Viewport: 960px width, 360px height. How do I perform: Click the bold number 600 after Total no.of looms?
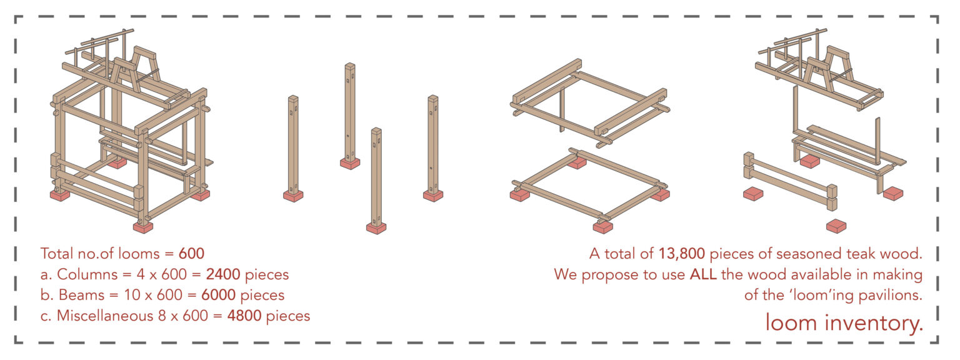pos(191,254)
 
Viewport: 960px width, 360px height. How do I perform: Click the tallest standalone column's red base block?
pos(350,163)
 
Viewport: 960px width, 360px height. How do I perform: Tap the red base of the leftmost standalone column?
pos(293,196)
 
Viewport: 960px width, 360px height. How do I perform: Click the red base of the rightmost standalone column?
pos(432,196)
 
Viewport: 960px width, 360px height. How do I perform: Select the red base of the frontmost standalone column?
pos(376,228)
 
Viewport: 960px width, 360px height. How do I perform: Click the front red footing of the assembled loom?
pos(143,227)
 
